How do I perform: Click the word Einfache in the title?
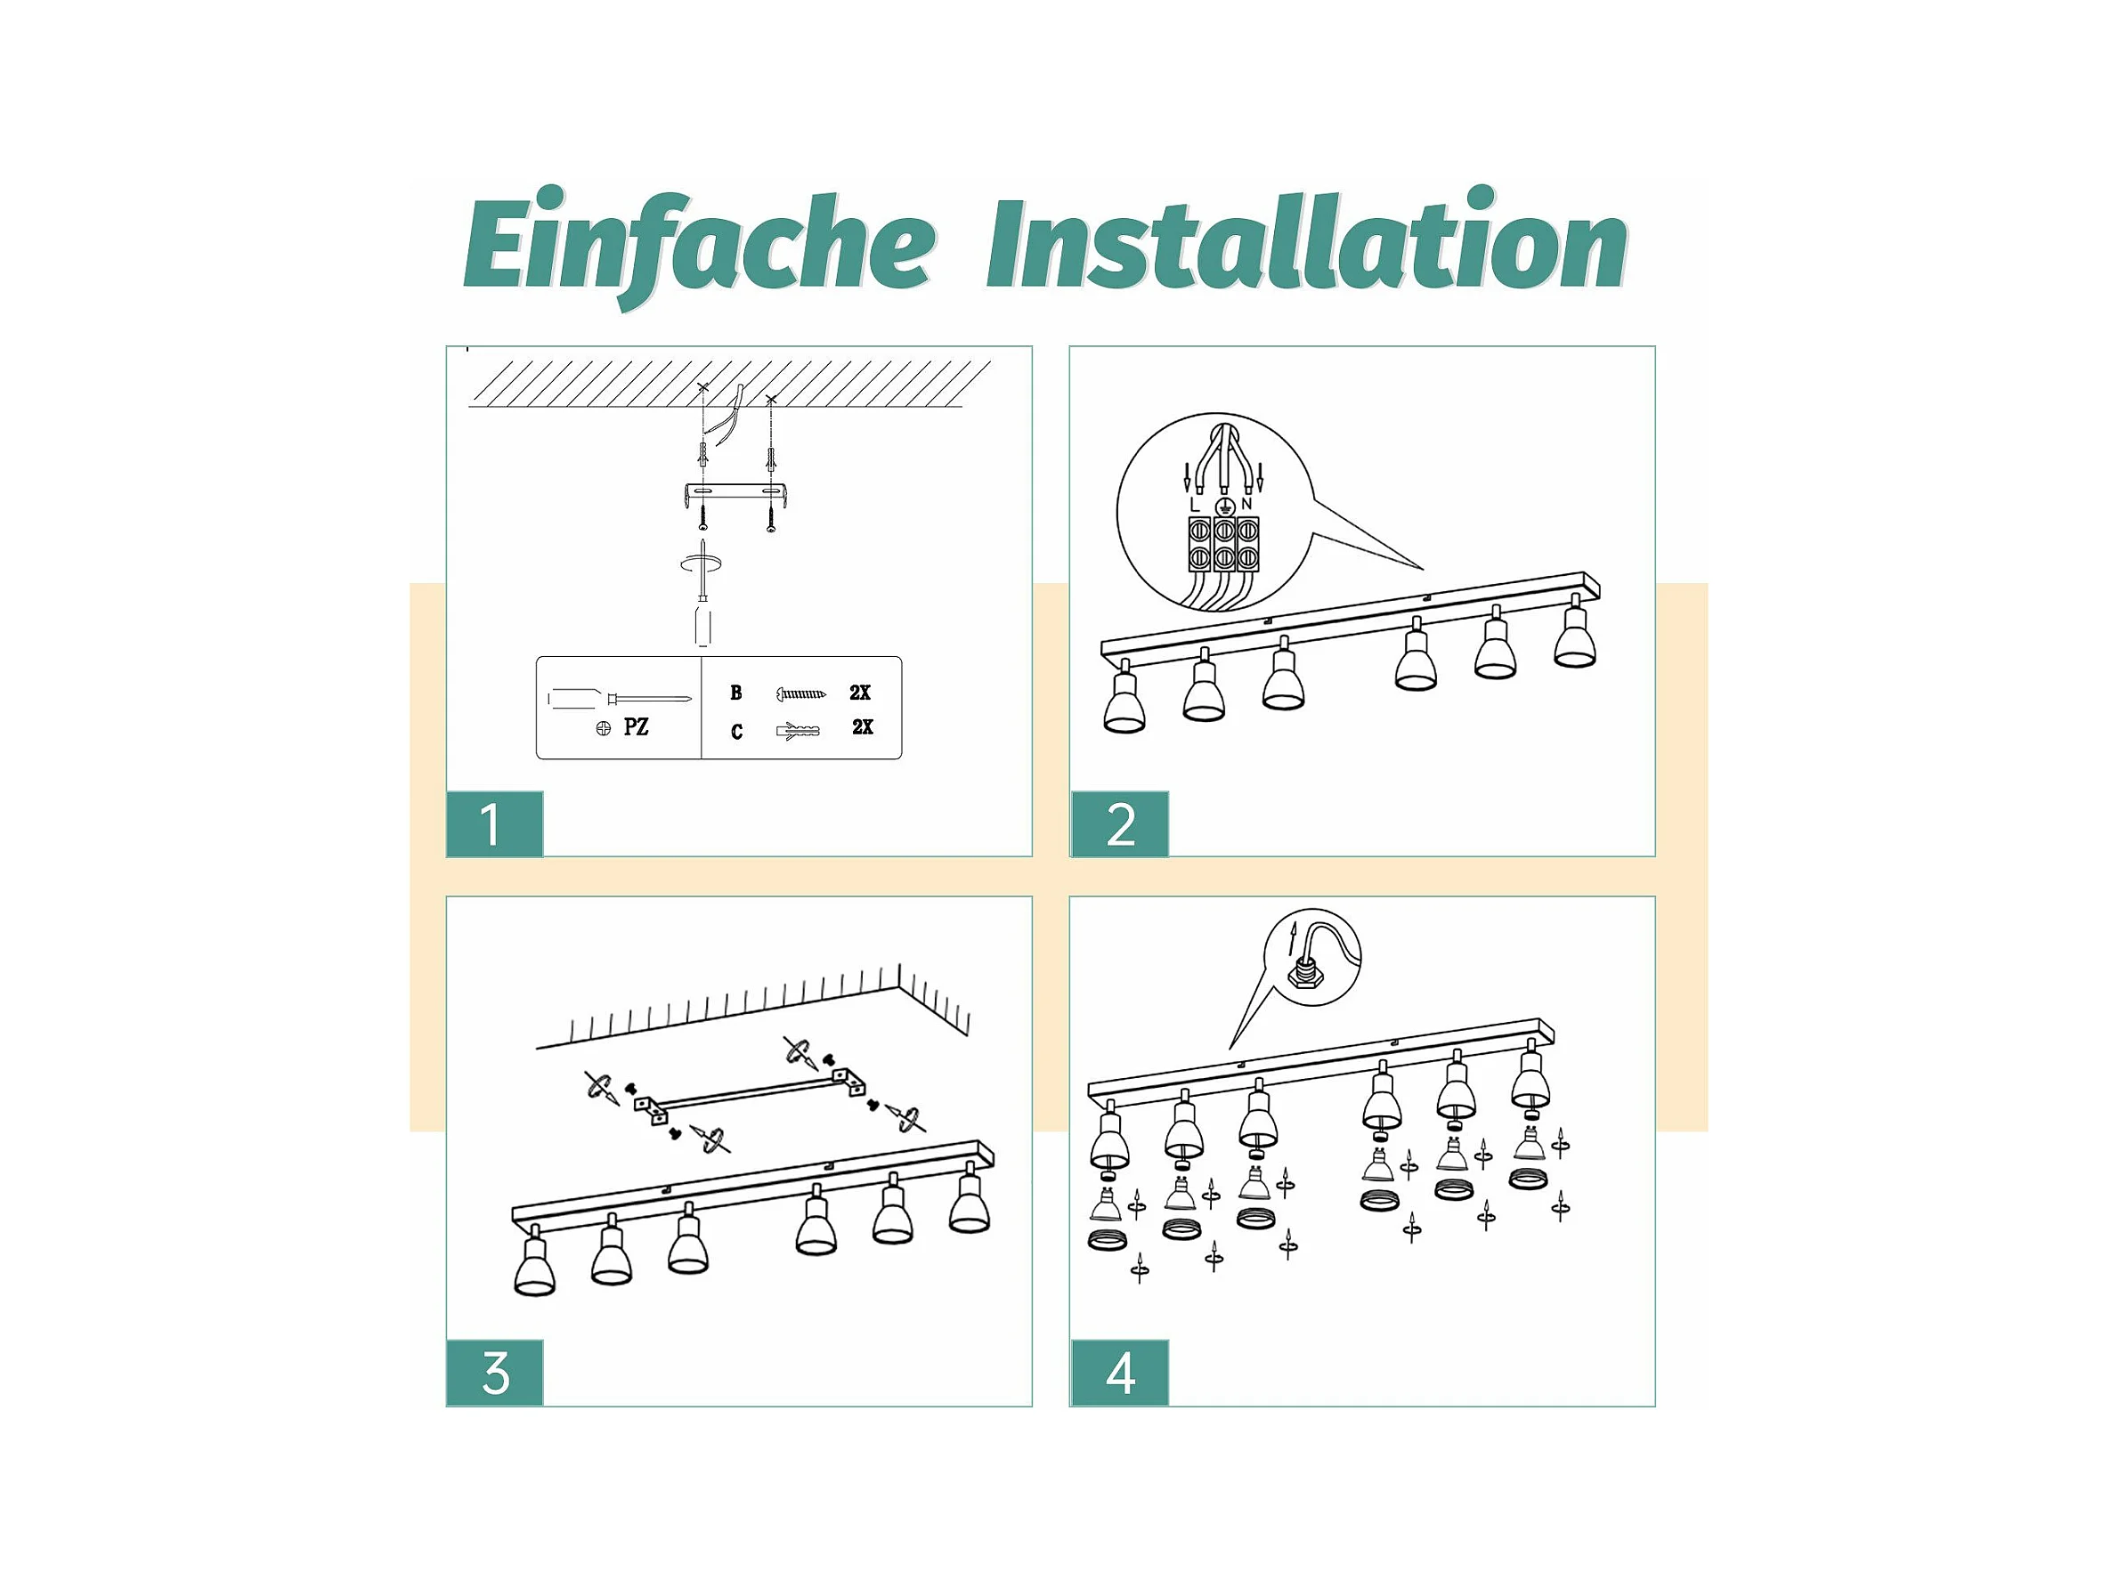pos(698,247)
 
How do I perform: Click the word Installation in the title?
pos(1307,239)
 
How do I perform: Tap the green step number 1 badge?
pos(494,823)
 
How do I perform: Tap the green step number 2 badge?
pos(1120,823)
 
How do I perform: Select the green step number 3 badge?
pos(494,1373)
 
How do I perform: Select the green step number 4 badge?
pos(1120,1373)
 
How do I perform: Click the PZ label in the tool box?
pos(636,727)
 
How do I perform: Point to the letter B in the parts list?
pos(735,693)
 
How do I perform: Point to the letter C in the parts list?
pos(735,732)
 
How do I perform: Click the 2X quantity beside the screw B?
pos(860,692)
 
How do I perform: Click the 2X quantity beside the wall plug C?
pos(862,727)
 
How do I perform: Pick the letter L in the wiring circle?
pos(1194,504)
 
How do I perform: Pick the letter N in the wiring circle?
pos(1246,504)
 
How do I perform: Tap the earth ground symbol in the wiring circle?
pos(1223,507)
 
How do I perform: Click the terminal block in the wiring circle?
pos(1223,545)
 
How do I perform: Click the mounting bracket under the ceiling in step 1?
pos(736,494)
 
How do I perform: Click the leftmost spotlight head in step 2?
pos(1124,699)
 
